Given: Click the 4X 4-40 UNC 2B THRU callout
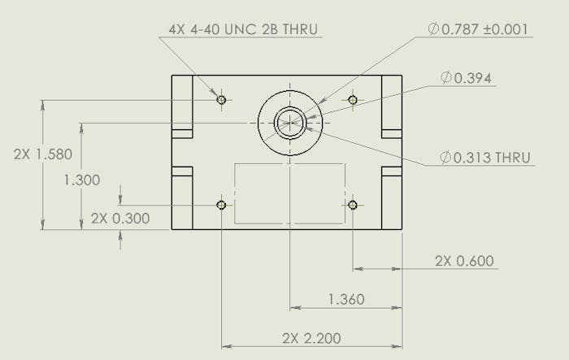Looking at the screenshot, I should pos(243,29).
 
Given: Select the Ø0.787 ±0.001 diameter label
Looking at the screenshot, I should pos(480,29).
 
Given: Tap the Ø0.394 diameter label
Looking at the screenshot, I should pos(467,78).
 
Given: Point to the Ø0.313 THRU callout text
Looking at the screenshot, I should pos(486,158).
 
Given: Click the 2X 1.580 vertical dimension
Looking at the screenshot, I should pos(43,154).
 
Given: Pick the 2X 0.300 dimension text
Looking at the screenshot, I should pos(120,218).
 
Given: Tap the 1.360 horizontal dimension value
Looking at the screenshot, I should pos(345,300).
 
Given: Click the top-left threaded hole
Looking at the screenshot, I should pos(221,100).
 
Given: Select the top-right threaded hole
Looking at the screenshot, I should pos(353,100).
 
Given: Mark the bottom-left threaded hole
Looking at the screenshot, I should pos(221,205).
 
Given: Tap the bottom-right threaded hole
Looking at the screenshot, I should pos(353,205).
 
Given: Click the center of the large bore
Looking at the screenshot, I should pos(290,124).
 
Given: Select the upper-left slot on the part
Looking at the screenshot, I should pos(182,133).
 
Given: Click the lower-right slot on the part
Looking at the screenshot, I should pos(392,171).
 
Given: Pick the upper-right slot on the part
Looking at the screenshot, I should pos(392,133).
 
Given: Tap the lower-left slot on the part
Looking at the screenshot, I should pos(182,171).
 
